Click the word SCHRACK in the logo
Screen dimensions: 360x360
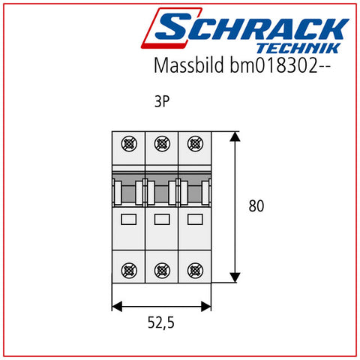point(252,28)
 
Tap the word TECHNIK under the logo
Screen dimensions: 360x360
point(298,48)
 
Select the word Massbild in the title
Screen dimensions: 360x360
point(189,65)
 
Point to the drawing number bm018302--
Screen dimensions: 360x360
point(280,65)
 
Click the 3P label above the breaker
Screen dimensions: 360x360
point(162,101)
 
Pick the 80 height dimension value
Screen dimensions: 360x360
point(256,206)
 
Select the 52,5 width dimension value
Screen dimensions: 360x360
point(161,322)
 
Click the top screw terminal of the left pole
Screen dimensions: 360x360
point(129,144)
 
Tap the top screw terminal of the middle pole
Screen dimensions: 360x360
point(162,144)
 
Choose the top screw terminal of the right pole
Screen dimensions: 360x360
point(195,144)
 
